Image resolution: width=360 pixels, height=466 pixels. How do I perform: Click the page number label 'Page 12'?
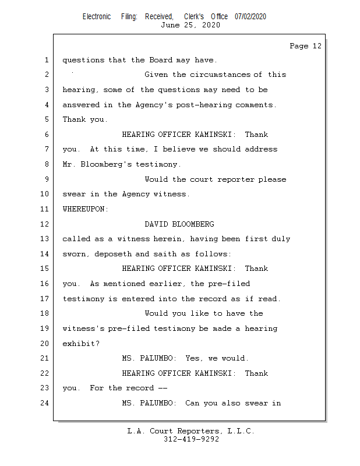coord(305,46)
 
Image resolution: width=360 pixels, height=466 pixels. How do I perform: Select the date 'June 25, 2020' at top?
coord(190,25)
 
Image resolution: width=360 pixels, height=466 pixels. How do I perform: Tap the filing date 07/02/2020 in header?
coord(250,17)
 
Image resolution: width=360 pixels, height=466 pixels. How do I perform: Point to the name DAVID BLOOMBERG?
coord(179,224)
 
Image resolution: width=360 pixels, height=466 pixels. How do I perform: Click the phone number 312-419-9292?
coord(191,439)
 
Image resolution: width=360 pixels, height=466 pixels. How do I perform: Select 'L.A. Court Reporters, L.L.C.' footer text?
coord(190,431)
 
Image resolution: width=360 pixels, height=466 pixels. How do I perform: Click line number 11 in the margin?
coord(46,209)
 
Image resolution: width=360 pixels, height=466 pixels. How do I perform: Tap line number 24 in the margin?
coord(46,403)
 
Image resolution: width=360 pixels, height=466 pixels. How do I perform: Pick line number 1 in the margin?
coord(46,59)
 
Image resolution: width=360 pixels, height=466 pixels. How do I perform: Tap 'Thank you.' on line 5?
coord(85,119)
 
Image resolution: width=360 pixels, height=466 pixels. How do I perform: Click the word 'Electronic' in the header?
coord(97,17)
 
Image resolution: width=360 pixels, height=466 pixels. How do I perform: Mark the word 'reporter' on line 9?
coord(236,179)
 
